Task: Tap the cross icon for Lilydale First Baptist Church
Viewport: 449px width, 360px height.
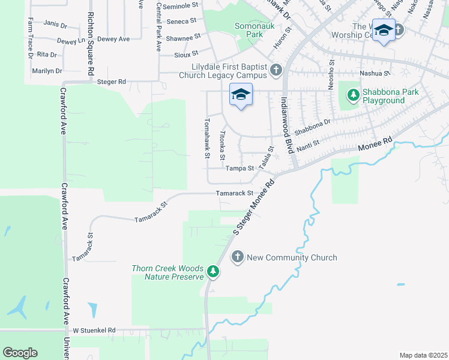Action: [x=276, y=71]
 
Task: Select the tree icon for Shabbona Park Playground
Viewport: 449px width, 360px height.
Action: [x=353, y=95]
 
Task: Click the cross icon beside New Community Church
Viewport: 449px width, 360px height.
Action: [x=237, y=257]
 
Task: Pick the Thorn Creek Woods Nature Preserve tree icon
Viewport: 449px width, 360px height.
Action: [x=212, y=272]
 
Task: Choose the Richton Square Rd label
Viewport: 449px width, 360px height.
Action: [x=91, y=44]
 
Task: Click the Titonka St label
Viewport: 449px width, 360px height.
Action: [x=222, y=146]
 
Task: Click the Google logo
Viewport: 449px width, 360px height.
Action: [x=20, y=353]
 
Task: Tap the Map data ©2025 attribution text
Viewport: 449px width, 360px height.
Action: [x=423, y=355]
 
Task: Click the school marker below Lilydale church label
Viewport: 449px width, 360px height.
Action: [x=241, y=95]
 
